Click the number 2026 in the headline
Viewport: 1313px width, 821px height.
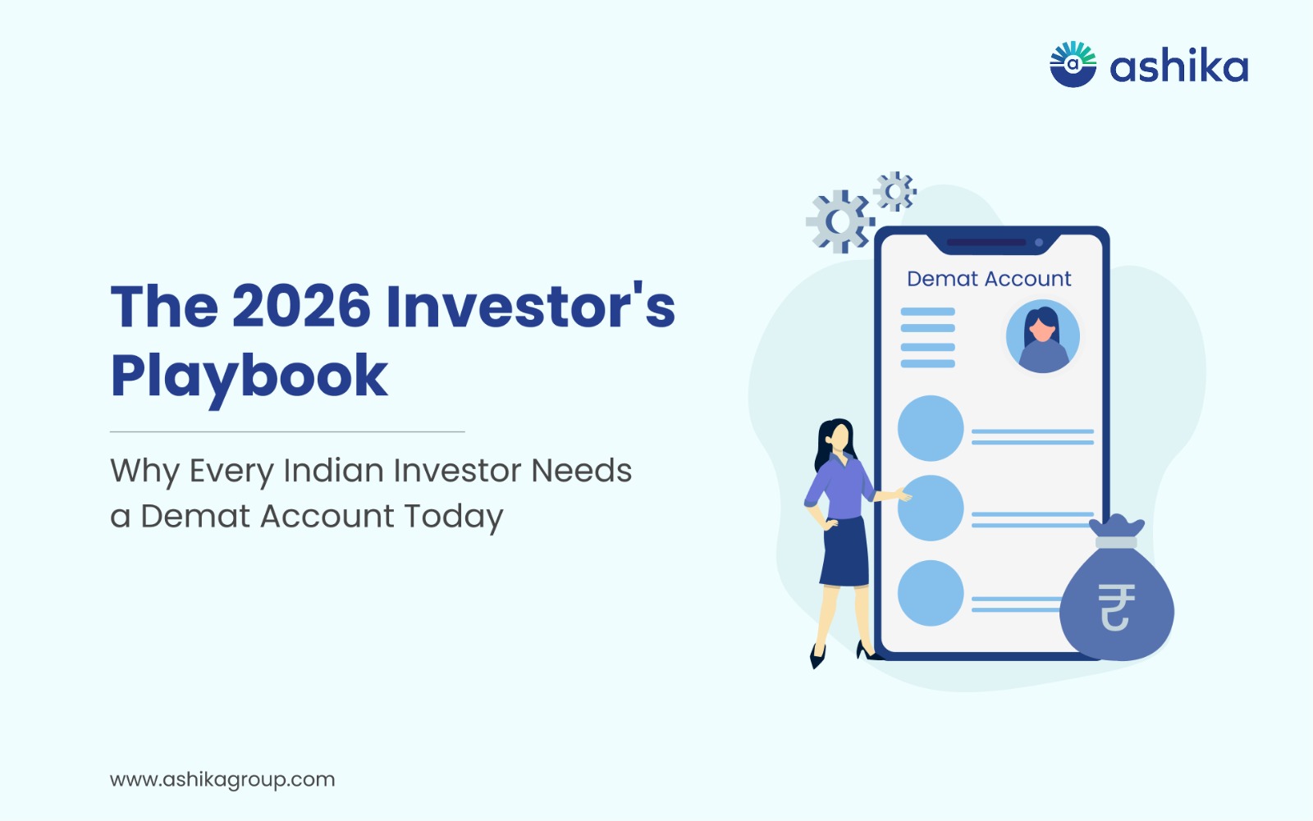301,307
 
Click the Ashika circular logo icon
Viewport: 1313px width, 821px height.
1073,65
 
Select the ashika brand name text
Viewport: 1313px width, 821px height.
1178,66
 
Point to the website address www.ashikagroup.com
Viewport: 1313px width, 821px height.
222,780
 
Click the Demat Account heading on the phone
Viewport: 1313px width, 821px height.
989,279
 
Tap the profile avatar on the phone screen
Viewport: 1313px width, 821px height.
1043,336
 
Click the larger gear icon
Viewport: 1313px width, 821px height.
840,221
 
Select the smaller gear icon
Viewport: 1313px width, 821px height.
894,191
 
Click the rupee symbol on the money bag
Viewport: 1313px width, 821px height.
1115,607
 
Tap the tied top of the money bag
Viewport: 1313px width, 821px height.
1116,531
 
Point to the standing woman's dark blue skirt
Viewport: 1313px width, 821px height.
844,553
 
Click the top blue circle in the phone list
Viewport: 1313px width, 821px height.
931,428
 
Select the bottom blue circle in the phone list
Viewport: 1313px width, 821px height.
931,593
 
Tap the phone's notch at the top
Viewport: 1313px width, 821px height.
993,243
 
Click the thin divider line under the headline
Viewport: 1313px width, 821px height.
287,432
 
